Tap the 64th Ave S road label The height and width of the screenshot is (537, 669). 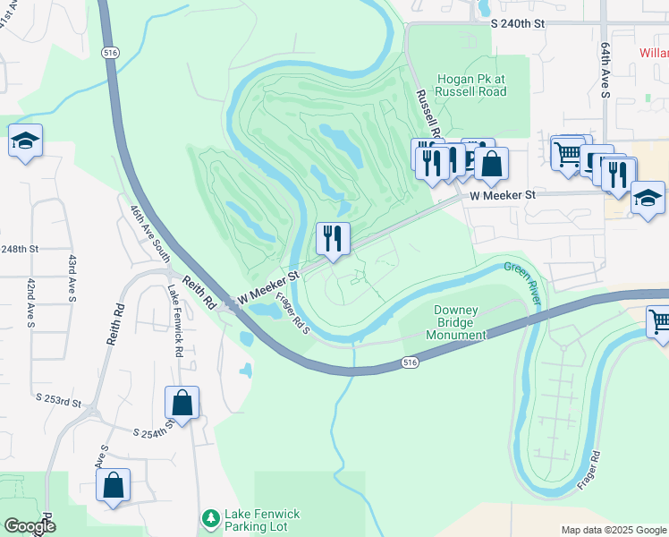[x=605, y=81]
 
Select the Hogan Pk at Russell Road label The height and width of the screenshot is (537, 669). [x=470, y=85]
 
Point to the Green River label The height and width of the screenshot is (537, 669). [x=522, y=281]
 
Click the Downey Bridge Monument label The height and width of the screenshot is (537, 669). [x=456, y=322]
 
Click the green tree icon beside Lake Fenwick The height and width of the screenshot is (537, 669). [x=210, y=518]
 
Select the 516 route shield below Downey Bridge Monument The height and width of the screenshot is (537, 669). [x=410, y=362]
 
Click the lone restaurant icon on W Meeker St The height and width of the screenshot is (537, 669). [x=333, y=239]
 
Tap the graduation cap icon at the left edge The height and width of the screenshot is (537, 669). [x=25, y=141]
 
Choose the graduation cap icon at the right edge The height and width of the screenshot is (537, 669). [x=648, y=198]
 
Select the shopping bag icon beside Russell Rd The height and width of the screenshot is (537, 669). [x=491, y=165]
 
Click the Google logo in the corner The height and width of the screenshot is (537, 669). [x=30, y=526]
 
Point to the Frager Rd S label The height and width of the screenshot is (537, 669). [x=292, y=314]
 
